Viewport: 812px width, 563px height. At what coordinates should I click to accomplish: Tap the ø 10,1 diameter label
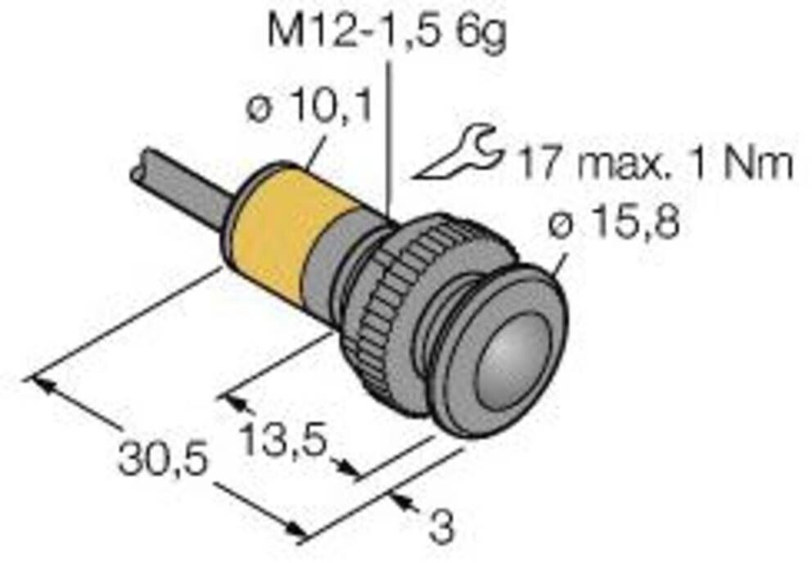click(309, 109)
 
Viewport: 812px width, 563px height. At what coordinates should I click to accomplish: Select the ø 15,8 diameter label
click(613, 223)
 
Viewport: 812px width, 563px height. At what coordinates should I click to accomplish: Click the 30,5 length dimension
click(160, 460)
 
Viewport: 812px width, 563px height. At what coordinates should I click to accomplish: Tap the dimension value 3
click(441, 528)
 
